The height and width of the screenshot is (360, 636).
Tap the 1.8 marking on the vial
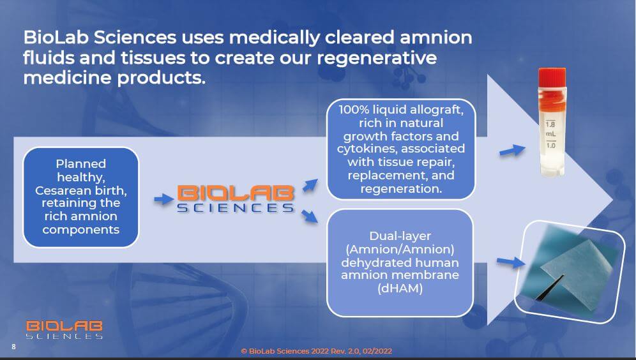[550, 124]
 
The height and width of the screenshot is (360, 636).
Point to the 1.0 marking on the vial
[550, 145]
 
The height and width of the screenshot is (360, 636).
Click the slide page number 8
[14, 347]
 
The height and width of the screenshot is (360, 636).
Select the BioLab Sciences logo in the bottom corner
[64, 329]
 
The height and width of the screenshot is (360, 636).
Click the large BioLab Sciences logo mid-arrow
[236, 199]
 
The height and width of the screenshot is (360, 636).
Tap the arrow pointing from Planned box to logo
[164, 199]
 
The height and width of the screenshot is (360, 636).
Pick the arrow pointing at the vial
[512, 151]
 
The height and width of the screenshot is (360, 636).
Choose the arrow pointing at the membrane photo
[511, 262]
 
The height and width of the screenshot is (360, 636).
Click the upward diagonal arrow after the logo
[310, 185]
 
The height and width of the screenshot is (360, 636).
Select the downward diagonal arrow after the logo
[310, 216]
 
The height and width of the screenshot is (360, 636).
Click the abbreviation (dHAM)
[400, 289]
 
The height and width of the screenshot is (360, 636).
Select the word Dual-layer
[400, 236]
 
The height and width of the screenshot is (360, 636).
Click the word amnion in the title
[436, 37]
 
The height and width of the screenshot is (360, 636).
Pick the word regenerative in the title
[377, 57]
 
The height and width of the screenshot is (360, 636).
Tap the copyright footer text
[316, 351]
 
